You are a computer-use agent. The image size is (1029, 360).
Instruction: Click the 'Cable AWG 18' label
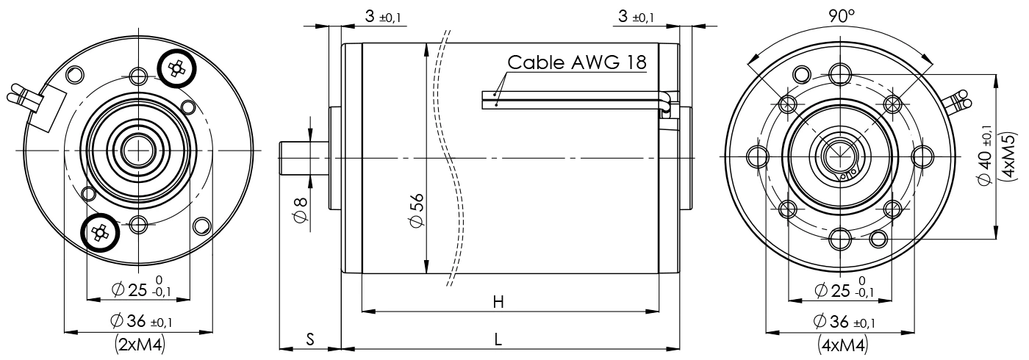pyautogui.click(x=577, y=62)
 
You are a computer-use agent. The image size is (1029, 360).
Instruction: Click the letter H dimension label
pyautogui.click(x=498, y=302)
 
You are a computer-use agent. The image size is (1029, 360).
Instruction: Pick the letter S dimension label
pyautogui.click(x=310, y=339)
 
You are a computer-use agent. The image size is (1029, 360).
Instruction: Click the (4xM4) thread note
pyautogui.click(x=842, y=344)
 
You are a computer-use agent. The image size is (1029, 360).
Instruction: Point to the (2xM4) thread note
pyautogui.click(x=140, y=344)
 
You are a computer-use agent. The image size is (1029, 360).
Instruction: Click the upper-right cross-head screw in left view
pyautogui.click(x=176, y=69)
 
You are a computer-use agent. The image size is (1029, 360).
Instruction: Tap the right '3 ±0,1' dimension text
pyautogui.click(x=637, y=17)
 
